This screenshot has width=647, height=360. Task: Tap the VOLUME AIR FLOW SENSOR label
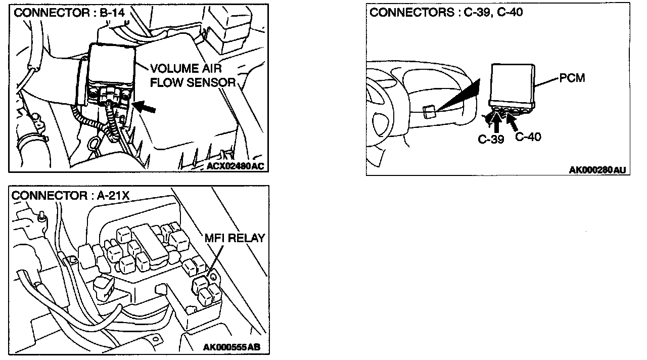click(193, 75)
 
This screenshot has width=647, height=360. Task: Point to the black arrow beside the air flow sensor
click(145, 107)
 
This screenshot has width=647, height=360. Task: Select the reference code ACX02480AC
click(236, 165)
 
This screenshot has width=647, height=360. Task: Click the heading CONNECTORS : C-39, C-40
click(446, 12)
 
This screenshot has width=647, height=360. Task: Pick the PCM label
click(572, 79)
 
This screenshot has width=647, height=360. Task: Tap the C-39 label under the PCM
click(491, 139)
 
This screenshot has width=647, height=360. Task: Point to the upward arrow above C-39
click(497, 123)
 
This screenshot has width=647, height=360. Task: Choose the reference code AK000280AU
click(596, 170)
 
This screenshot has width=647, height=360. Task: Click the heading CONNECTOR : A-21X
click(70, 195)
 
